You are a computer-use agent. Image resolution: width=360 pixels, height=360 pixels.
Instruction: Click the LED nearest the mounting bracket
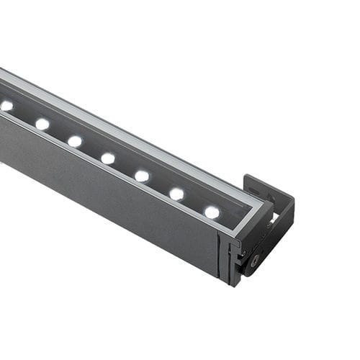(x=212, y=212)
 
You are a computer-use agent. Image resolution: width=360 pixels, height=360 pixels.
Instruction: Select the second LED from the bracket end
(x=176, y=194)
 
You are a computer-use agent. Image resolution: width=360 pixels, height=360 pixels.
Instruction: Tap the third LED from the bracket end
(x=142, y=176)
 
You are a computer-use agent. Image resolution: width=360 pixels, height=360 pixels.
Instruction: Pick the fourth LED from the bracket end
(x=108, y=158)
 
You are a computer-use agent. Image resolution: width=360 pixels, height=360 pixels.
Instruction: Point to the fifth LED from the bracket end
(x=75, y=141)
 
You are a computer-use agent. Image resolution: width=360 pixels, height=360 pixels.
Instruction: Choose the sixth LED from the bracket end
(x=42, y=124)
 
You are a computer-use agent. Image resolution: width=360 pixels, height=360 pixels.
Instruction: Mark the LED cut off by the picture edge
(x=6, y=106)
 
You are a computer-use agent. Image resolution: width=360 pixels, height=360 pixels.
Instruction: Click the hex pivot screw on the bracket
(x=256, y=261)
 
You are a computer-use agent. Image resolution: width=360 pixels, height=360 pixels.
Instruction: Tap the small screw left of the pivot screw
(x=243, y=253)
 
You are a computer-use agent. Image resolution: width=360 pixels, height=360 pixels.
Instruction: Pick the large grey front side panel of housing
(x=108, y=194)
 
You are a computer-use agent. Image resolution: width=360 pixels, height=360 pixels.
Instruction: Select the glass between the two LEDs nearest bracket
(x=194, y=203)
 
